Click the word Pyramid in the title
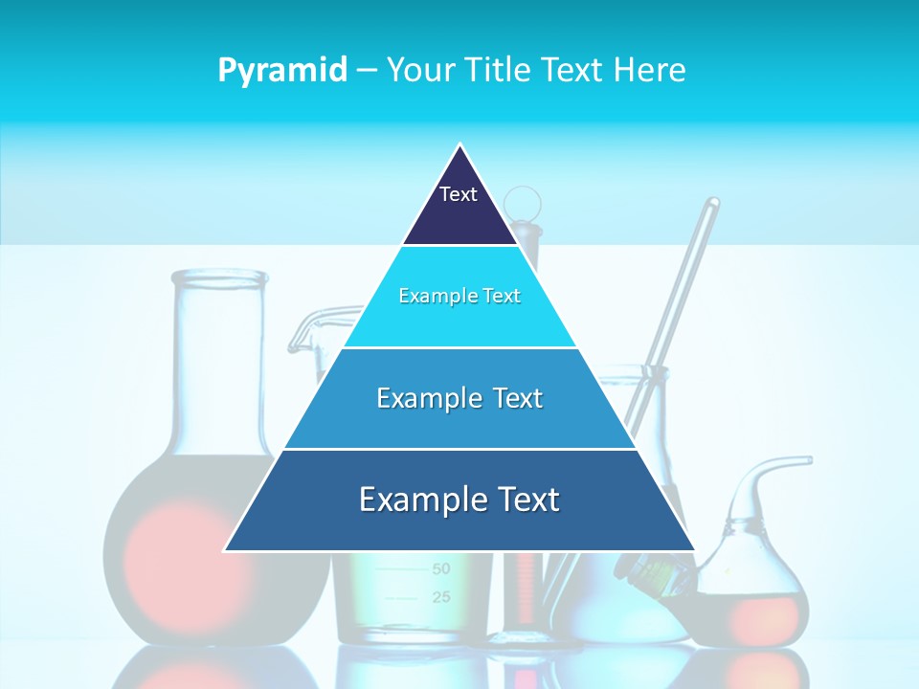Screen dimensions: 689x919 coord(282,71)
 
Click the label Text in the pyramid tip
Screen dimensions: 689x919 coord(458,194)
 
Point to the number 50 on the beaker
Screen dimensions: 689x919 coord(440,569)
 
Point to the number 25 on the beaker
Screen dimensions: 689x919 coord(440,598)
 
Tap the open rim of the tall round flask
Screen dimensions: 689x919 coord(219,278)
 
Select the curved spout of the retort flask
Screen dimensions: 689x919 coord(780,464)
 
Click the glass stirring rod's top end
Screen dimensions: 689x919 coord(712,204)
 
